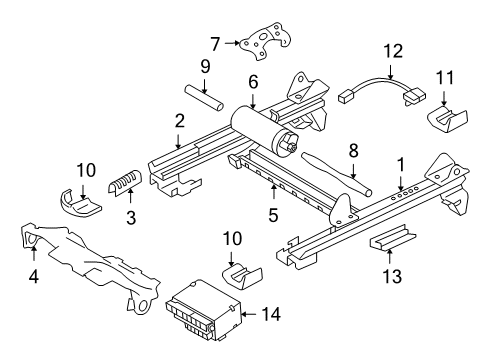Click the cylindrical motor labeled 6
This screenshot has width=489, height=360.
tap(258, 127)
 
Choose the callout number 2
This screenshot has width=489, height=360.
tap(179, 120)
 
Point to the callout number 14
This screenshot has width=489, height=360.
tap(271, 313)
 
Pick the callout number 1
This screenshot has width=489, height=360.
tap(400, 162)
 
